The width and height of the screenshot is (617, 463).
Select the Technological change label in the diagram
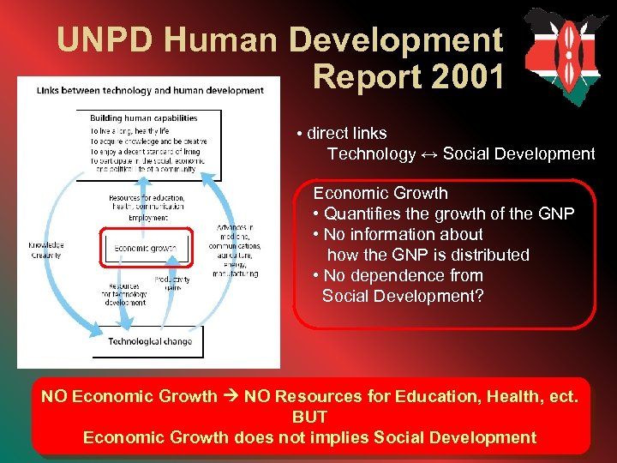point(150,341)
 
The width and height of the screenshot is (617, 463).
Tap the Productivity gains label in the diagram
point(172,283)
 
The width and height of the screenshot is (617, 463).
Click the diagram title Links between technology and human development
point(150,90)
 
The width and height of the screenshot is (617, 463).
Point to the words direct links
point(347,134)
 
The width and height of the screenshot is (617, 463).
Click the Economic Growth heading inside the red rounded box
point(380,194)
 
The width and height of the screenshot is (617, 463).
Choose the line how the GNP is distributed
point(428,255)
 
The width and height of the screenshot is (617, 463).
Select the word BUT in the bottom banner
point(309,418)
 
